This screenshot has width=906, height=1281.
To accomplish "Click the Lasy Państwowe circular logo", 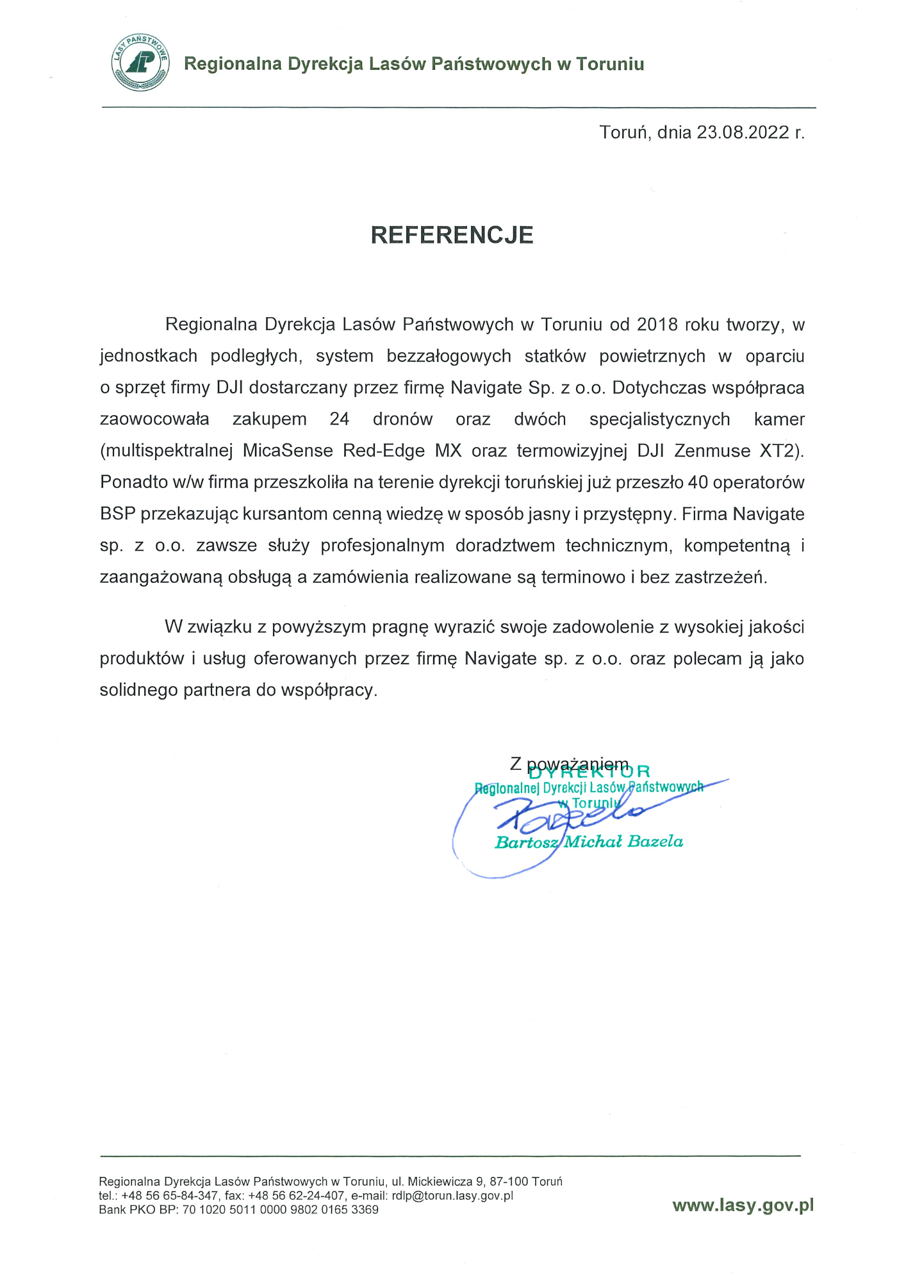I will (140, 63).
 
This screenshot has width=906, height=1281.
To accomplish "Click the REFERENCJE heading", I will (452, 235).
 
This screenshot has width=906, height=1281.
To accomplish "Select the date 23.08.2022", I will (743, 133).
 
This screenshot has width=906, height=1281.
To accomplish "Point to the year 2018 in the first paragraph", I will (657, 325).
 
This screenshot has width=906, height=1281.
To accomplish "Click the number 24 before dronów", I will (339, 420).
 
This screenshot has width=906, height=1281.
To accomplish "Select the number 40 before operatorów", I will (697, 482).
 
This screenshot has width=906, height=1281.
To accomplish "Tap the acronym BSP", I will (117, 514).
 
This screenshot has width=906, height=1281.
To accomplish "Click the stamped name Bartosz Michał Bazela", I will (589, 842).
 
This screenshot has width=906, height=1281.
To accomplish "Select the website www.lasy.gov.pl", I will (743, 1205).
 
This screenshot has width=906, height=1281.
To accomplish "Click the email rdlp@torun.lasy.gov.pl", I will (452, 1196).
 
